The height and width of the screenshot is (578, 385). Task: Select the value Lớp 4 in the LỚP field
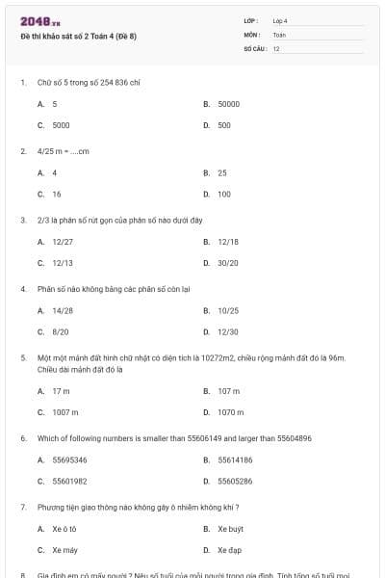[280, 20]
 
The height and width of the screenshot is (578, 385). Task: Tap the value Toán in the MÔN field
[280, 35]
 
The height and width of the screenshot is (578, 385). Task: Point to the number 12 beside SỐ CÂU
[276, 48]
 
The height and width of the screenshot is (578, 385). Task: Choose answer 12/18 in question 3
[228, 241]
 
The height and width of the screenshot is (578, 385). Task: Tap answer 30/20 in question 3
[228, 262]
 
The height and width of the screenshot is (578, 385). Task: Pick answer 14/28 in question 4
[63, 310]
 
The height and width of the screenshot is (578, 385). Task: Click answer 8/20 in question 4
[61, 331]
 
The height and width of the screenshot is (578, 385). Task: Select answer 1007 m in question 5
[65, 411]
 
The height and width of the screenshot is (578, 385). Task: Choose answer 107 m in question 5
[229, 391]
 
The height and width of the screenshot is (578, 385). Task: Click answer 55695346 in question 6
[69, 460]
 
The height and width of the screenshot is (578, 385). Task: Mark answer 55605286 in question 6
[235, 481]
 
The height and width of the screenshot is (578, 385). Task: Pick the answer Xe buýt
[230, 529]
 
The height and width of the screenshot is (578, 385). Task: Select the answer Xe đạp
[229, 550]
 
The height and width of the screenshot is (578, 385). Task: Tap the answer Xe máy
[64, 550]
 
